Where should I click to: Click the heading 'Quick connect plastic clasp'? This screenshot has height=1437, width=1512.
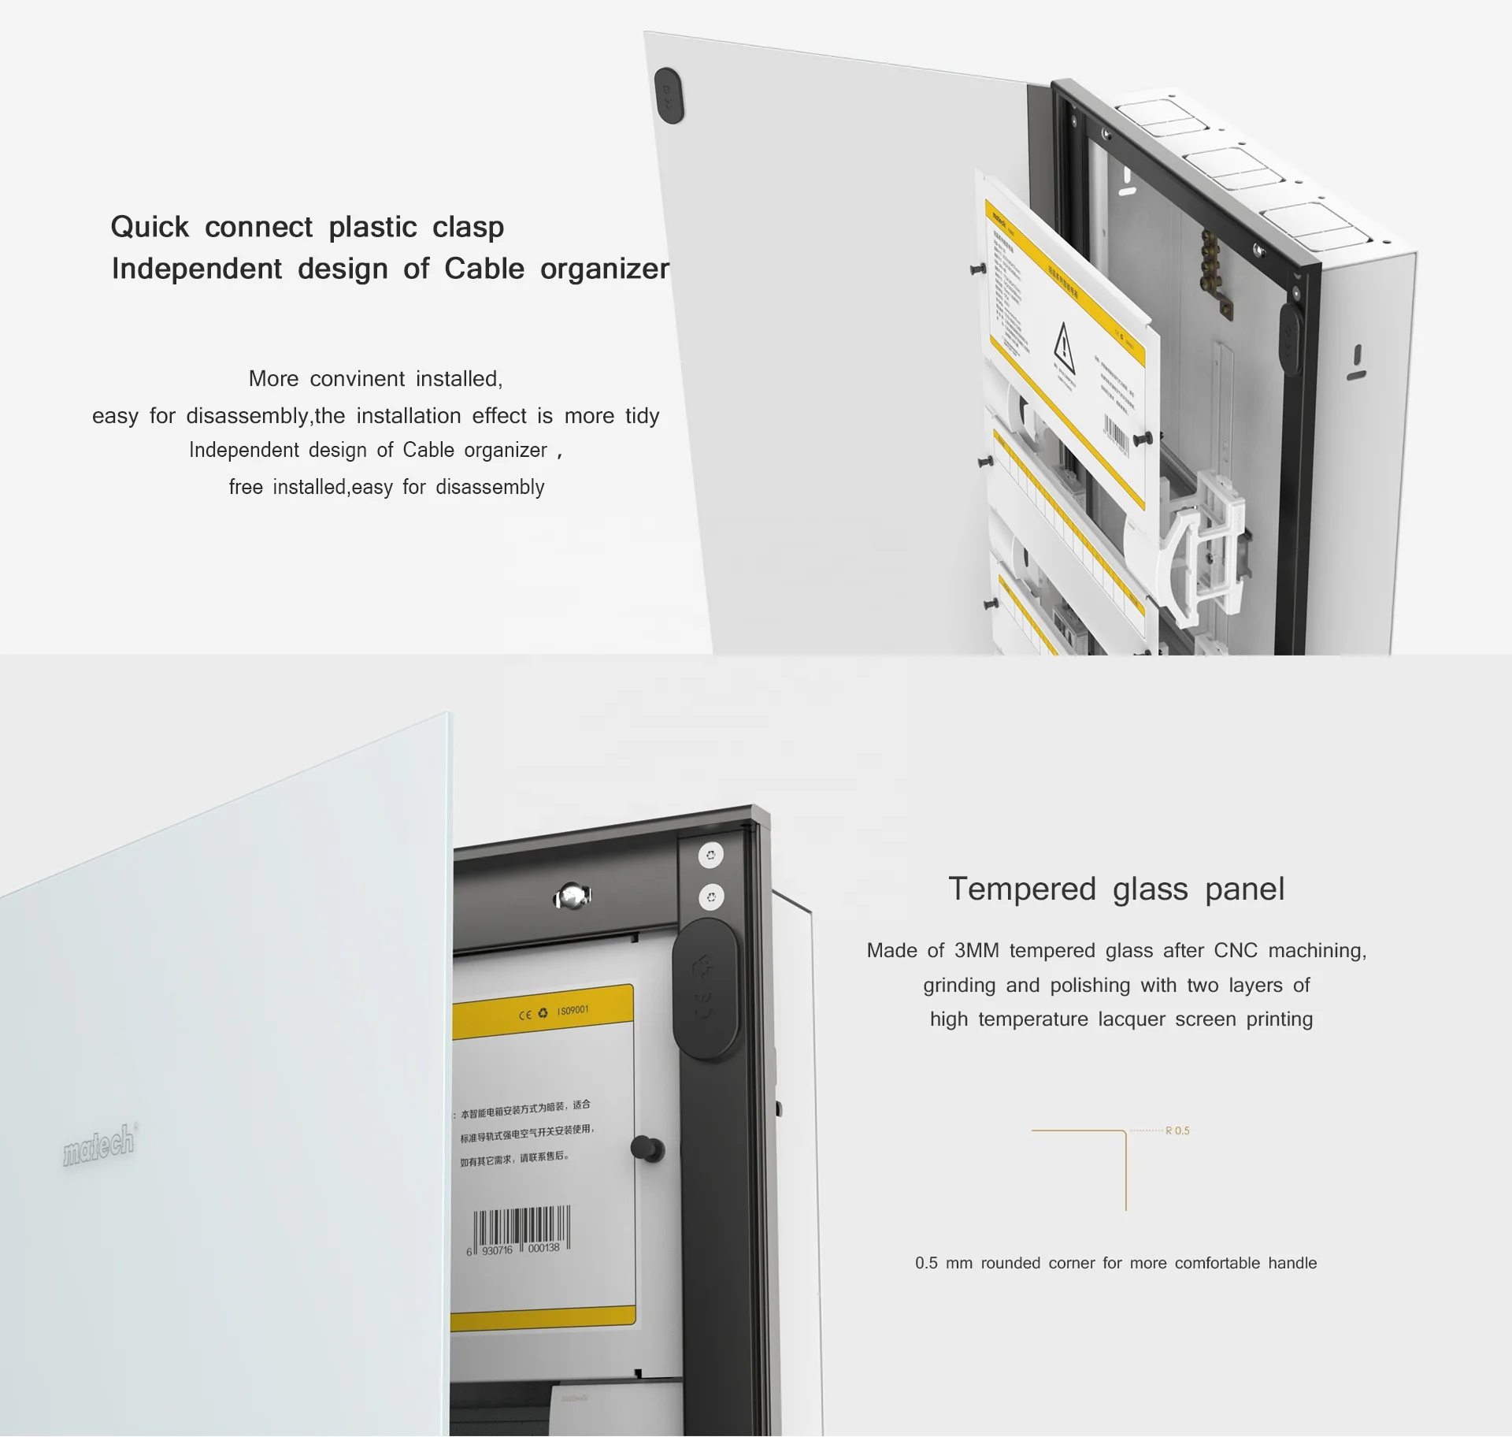307,227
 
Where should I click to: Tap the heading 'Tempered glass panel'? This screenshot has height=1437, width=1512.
1116,889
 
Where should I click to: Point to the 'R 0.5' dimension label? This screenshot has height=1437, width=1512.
1177,1131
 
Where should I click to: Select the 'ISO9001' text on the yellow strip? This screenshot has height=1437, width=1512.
573,1010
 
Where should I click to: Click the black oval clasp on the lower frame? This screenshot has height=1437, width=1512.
705,990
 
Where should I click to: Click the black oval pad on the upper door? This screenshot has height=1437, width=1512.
669,95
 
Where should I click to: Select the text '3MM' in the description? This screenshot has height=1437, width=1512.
976,950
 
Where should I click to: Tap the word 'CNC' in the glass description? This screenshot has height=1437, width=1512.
1236,950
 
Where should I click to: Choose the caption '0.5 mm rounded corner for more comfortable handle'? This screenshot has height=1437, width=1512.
1115,1263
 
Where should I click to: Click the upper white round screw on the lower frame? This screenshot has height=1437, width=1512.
711,855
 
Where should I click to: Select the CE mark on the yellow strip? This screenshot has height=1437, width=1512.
525,1015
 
